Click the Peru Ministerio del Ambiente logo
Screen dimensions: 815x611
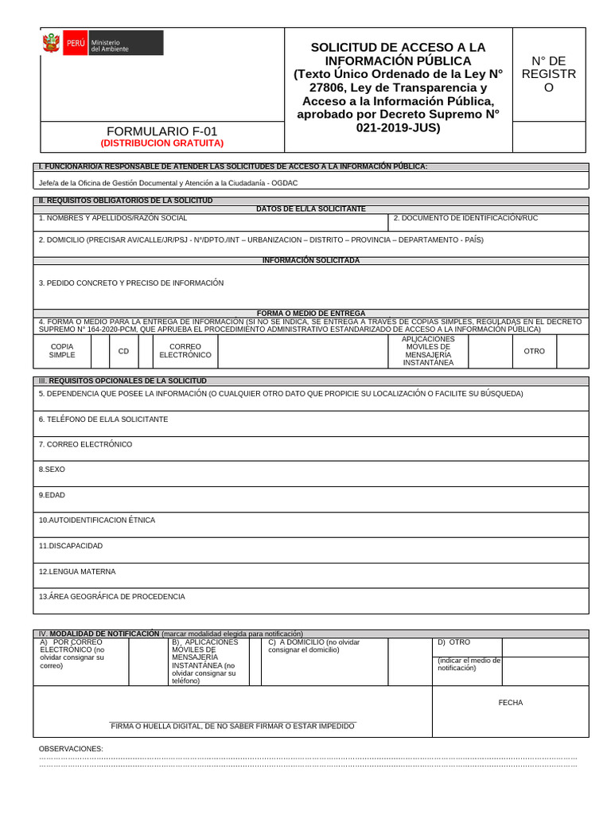click(x=102, y=43)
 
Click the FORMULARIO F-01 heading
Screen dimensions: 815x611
click(x=162, y=131)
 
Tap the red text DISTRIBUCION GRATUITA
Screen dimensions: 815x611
click(x=162, y=143)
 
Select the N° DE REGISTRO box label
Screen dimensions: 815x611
click(x=548, y=74)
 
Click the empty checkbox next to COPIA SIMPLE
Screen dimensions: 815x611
click(x=100, y=351)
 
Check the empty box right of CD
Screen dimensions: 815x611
click(x=147, y=351)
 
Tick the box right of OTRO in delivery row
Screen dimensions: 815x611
click(x=572, y=351)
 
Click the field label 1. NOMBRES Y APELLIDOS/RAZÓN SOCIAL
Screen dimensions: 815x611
click(x=113, y=217)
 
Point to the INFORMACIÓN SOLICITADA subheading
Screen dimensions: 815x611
click(x=311, y=260)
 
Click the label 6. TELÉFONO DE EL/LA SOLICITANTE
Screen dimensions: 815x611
click(x=103, y=419)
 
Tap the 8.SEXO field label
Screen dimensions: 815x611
click(x=52, y=470)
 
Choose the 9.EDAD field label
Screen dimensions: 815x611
click(x=52, y=495)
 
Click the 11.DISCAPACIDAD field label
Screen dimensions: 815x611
click(x=71, y=546)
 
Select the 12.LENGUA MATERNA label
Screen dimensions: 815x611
click(x=77, y=571)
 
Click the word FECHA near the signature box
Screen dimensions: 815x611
click(x=511, y=703)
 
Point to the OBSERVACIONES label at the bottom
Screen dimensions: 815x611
click(x=71, y=749)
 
